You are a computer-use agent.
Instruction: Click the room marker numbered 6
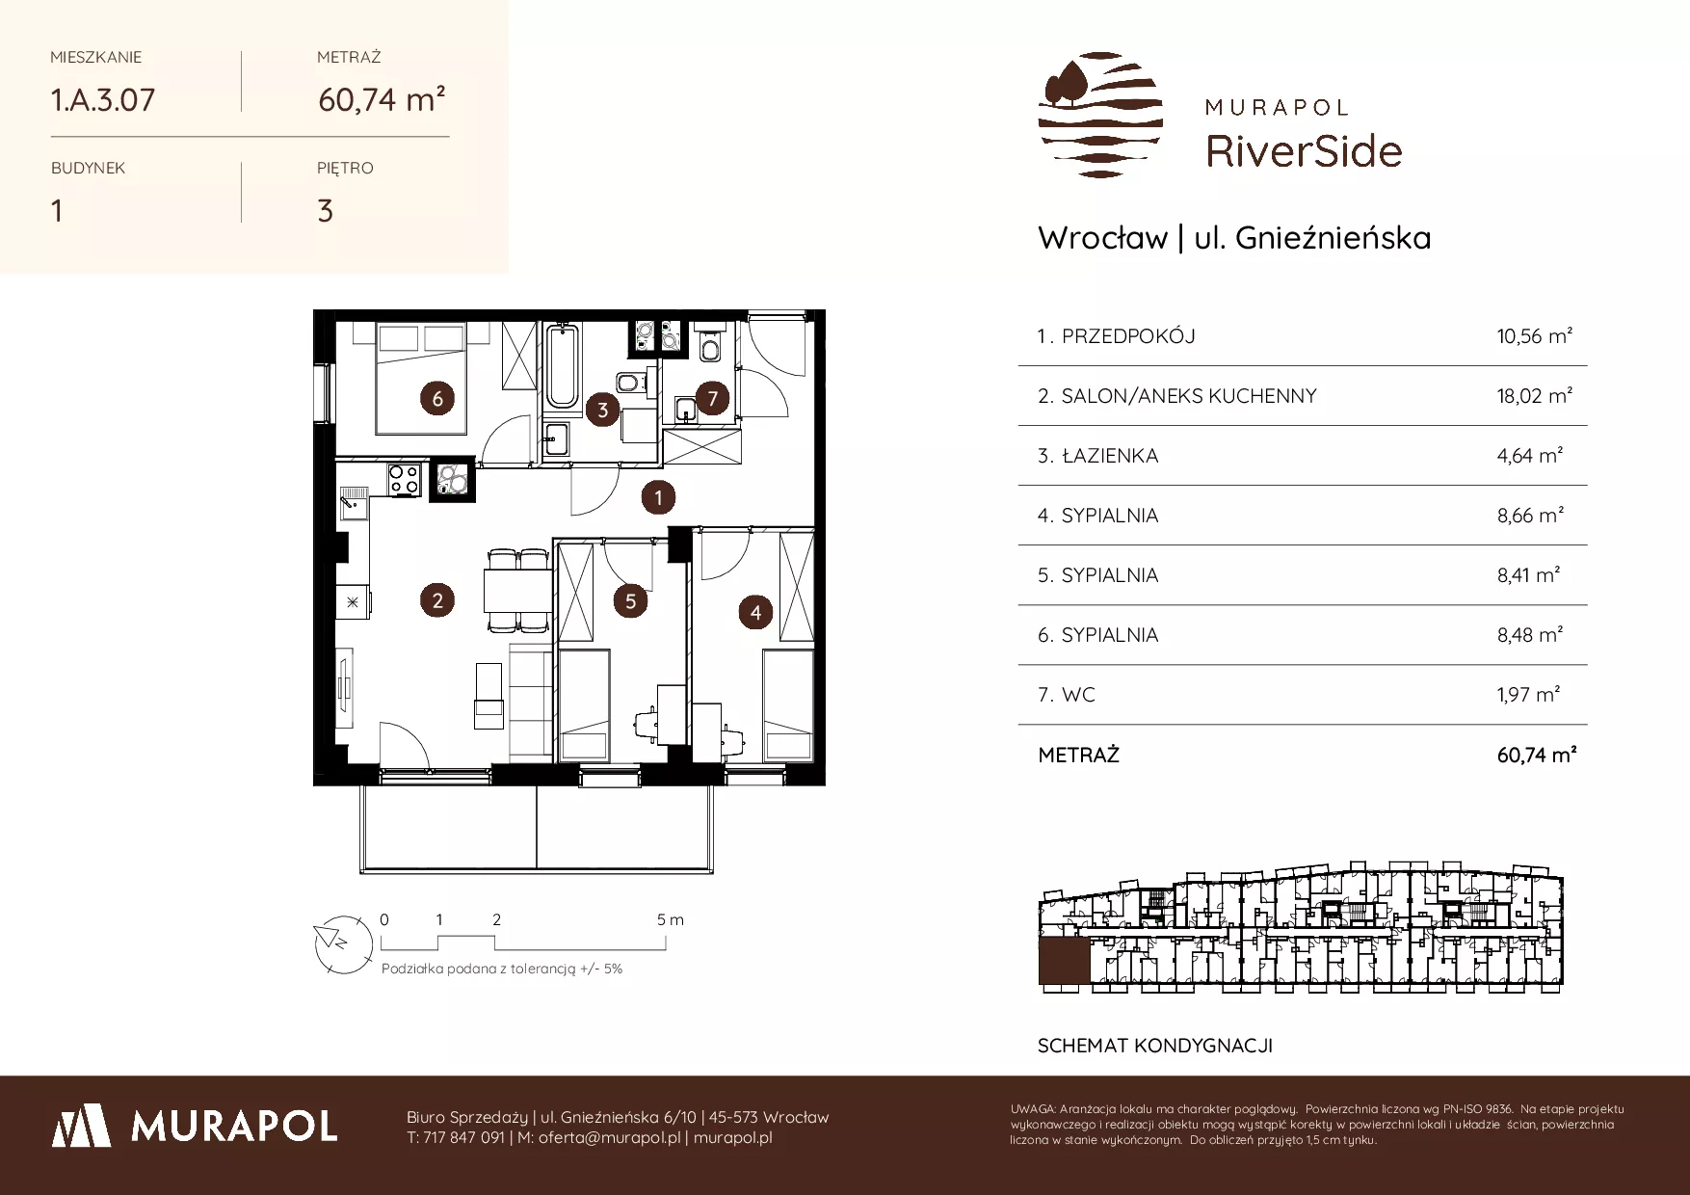click(437, 398)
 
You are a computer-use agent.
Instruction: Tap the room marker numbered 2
click(437, 601)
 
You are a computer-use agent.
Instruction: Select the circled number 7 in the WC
click(712, 398)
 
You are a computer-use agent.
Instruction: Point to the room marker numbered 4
click(755, 612)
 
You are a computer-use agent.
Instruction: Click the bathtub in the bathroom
click(561, 367)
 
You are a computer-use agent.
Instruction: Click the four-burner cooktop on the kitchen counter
click(404, 480)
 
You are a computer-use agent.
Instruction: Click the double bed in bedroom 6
click(421, 379)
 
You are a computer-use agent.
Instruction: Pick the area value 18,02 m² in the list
click(1535, 395)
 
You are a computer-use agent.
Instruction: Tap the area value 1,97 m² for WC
click(1529, 694)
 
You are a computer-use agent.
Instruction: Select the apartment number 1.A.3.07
click(103, 100)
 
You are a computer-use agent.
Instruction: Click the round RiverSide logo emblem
click(1100, 115)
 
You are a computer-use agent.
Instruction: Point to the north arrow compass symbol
click(343, 942)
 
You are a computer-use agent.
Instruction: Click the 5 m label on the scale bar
click(671, 919)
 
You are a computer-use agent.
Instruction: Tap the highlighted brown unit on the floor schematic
click(1064, 962)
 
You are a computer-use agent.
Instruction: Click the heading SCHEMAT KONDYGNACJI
click(1155, 1046)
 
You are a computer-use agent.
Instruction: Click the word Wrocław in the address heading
click(1103, 238)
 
